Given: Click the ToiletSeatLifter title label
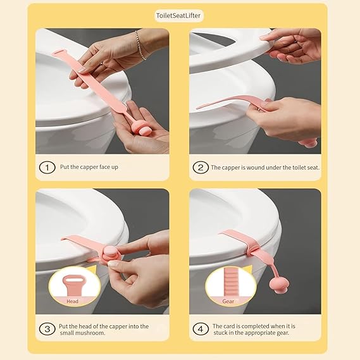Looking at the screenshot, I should tap(180, 16).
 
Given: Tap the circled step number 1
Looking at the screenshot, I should tap(46, 168).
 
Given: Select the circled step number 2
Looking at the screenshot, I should tap(200, 168).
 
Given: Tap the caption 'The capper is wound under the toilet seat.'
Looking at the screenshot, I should tap(264, 168).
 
